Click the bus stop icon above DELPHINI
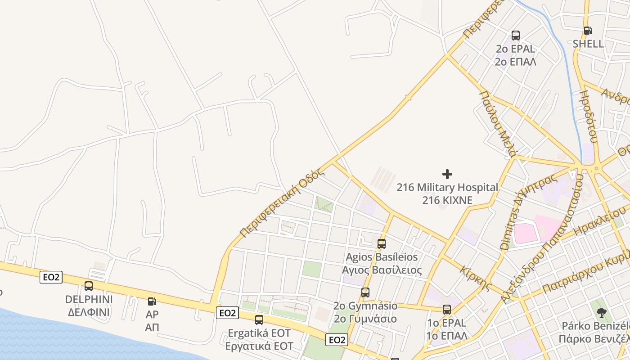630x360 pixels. [x=89, y=286]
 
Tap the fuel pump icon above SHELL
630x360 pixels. [x=588, y=31]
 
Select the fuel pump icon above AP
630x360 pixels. [x=152, y=301]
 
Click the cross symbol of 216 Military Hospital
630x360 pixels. [x=447, y=174]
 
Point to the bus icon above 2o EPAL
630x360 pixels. [x=516, y=36]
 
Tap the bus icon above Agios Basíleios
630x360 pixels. [x=382, y=244]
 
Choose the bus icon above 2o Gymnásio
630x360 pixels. [x=365, y=292]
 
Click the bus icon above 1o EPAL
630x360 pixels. [x=447, y=310]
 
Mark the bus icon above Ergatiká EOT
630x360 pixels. [x=259, y=320]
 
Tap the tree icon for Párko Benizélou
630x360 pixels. [x=601, y=312]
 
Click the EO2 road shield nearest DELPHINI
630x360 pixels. [x=51, y=277]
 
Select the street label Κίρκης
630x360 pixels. [x=476, y=278]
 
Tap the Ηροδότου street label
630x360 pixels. [x=588, y=117]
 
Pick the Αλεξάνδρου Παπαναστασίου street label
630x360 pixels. [x=542, y=238]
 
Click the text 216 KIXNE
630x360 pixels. [x=447, y=200]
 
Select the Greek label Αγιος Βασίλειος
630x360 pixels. [x=382, y=270]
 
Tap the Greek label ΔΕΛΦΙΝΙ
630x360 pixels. [x=89, y=312]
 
